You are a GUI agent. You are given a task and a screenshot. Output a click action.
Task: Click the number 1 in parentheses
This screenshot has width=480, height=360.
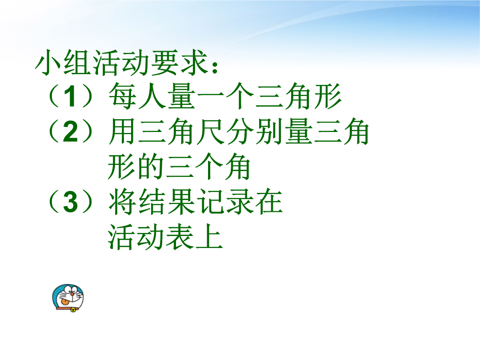(71, 96)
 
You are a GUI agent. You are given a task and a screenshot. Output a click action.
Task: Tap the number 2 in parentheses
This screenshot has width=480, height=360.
(71, 132)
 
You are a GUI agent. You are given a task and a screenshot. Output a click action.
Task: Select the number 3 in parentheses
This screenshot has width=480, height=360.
(71, 202)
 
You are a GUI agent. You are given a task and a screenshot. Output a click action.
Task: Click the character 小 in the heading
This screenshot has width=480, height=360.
(48, 62)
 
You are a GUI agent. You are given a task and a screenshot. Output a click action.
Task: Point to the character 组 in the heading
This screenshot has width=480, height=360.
(76, 62)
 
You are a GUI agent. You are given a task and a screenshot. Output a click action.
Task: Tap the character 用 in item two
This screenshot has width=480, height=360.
(122, 132)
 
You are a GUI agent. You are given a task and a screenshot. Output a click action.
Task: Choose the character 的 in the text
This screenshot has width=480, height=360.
(151, 167)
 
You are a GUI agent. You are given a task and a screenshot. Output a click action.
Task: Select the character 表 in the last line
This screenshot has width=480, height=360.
(180, 237)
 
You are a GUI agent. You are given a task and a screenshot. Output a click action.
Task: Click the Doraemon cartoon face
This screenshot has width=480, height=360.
(68, 297)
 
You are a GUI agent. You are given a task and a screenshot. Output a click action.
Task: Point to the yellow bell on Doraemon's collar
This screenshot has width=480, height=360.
(73, 310)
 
